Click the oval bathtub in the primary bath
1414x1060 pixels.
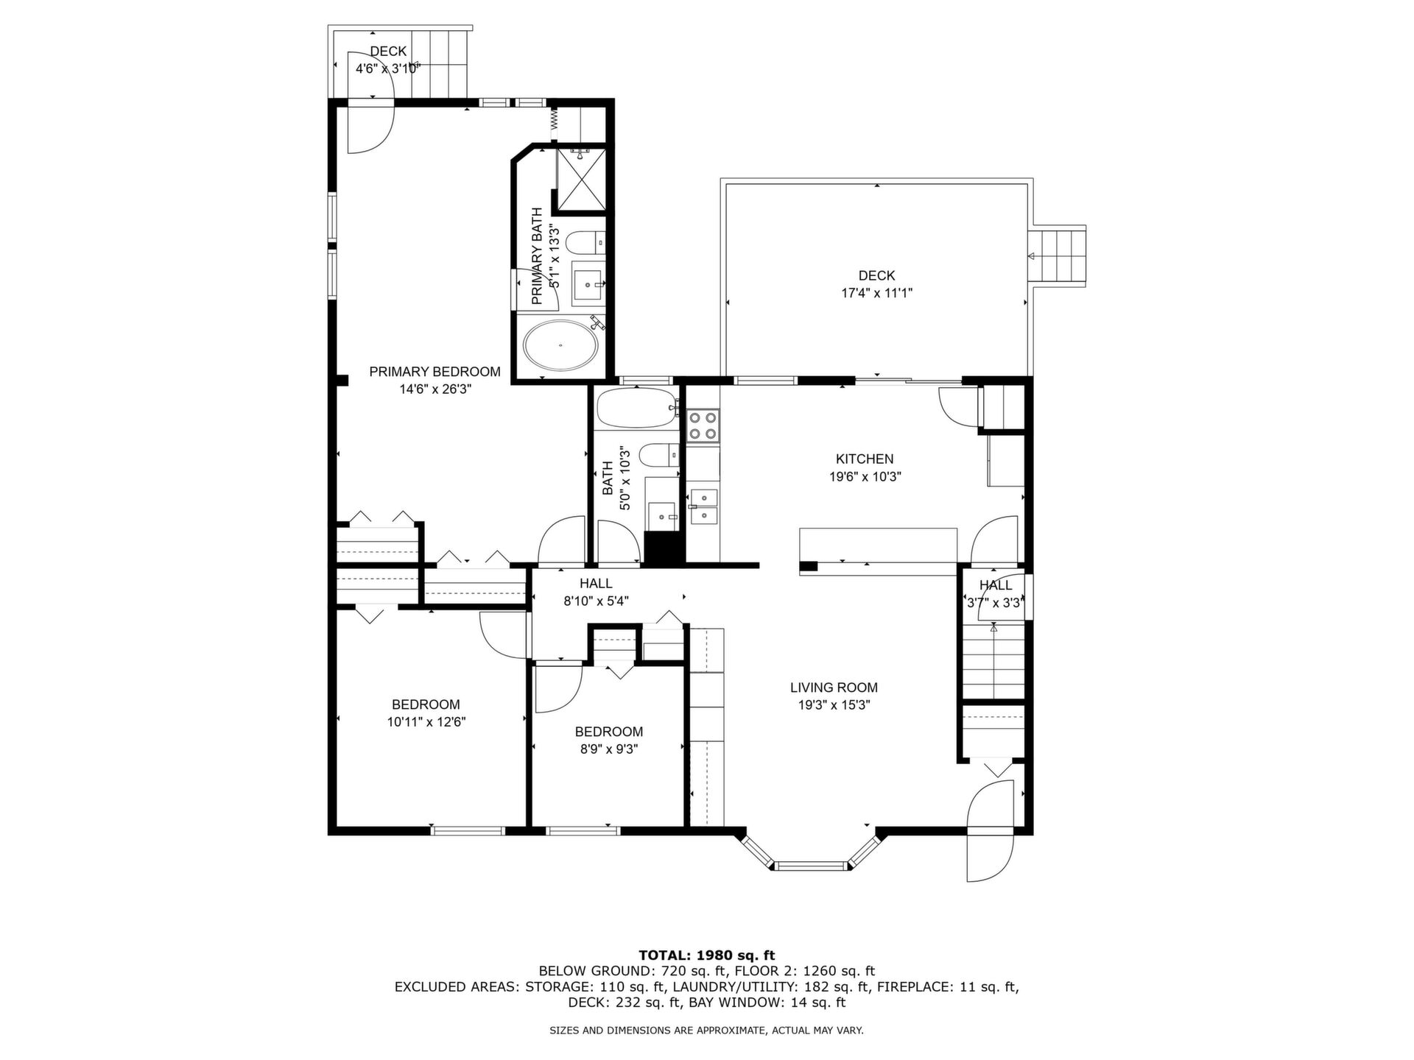click(561, 344)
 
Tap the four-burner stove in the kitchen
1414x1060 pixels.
click(702, 425)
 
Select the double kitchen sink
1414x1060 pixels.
click(704, 505)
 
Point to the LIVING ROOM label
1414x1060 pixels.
click(834, 688)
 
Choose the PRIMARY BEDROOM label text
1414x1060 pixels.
click(435, 372)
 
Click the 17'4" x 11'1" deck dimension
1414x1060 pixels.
click(876, 293)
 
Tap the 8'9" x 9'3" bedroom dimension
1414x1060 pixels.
click(608, 749)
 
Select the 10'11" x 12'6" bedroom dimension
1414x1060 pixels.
click(426, 722)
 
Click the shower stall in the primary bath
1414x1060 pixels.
click(581, 180)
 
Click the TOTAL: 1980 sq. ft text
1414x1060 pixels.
click(706, 955)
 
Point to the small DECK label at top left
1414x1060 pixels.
click(388, 52)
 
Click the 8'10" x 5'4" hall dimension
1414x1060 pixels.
click(596, 601)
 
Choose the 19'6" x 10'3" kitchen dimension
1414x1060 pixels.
click(865, 476)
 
